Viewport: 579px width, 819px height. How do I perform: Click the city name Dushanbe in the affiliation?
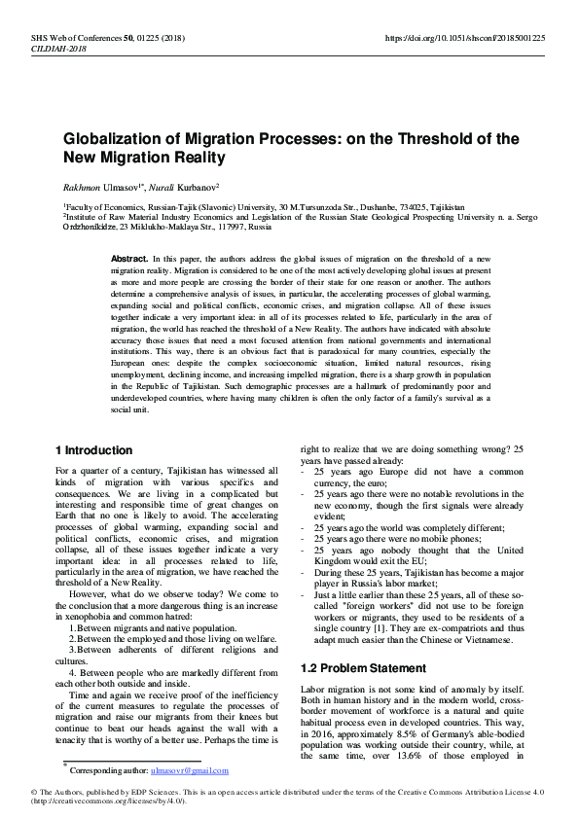pos(359,207)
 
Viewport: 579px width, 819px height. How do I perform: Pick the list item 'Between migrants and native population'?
pos(152,628)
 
